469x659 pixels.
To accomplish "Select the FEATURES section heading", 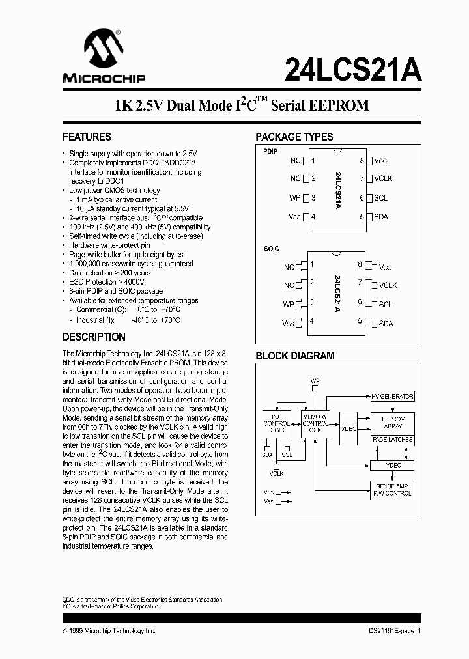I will pyautogui.click(x=87, y=137).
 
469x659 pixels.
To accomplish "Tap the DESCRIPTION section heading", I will pyautogui.click(x=94, y=337).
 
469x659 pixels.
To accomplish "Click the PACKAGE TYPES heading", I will pyautogui.click(x=294, y=137).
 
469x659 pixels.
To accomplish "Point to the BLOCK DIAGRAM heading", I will pyautogui.click(x=294, y=356).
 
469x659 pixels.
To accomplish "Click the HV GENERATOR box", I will pyautogui.click(x=392, y=397).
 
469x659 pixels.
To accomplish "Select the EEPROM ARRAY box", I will pyautogui.click(x=392, y=423).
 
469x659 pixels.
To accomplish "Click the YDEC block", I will pyautogui.click(x=392, y=466).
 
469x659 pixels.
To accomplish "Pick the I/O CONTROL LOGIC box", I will pyautogui.click(x=276, y=423).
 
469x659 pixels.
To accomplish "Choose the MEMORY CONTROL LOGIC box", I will pyautogui.click(x=315, y=423).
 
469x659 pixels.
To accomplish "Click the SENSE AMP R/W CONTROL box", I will pyautogui.click(x=392, y=490).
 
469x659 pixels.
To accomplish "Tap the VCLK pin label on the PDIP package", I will pyautogui.click(x=383, y=178).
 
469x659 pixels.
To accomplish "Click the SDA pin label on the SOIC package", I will pyautogui.click(x=386, y=324).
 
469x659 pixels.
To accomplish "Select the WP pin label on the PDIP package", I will pyautogui.click(x=295, y=198).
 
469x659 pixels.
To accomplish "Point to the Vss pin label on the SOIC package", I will pyautogui.click(x=288, y=324).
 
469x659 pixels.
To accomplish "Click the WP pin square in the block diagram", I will pyautogui.click(x=315, y=387).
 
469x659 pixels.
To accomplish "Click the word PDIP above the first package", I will pyautogui.click(x=270, y=151).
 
